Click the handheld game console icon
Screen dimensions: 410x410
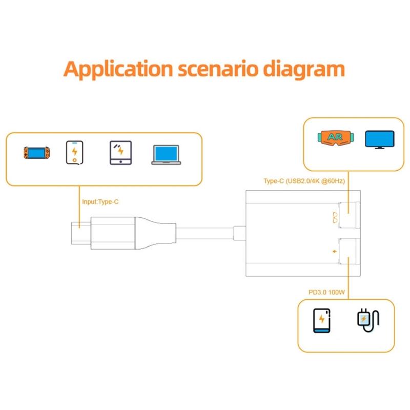coord(36,153)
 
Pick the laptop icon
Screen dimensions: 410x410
coord(166,154)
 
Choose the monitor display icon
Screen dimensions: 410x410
coord(379,140)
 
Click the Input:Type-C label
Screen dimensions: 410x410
coord(100,202)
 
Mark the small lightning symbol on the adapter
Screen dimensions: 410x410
coord(335,252)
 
